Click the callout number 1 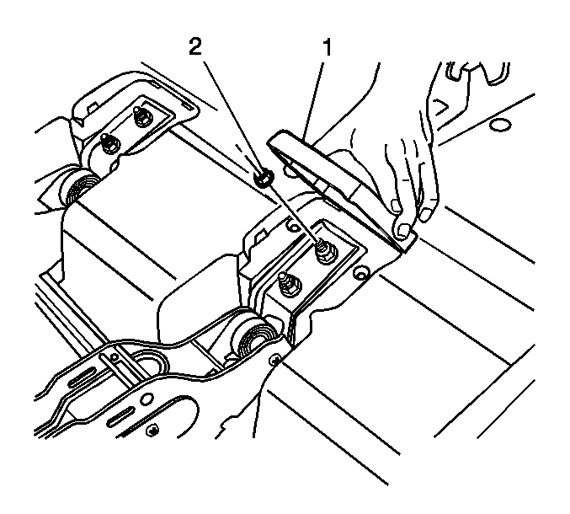pos(328,48)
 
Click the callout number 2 pos(195,47)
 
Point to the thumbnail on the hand pos(402,230)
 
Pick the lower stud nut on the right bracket pos(289,284)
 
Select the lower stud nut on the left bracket pos(109,143)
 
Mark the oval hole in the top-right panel pos(500,126)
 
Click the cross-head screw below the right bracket pos(274,360)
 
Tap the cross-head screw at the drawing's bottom pos(152,431)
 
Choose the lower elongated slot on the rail pos(119,417)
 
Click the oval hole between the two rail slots pos(146,399)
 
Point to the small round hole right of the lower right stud pos(361,273)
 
